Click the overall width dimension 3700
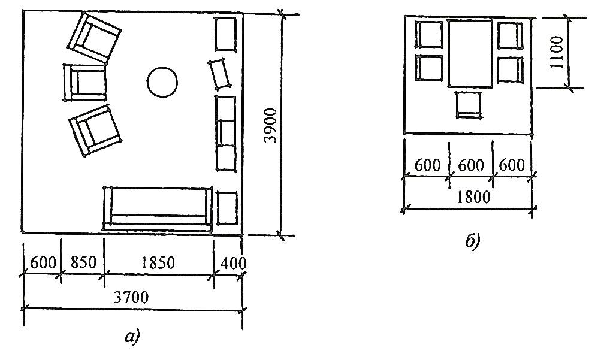pos(131,297)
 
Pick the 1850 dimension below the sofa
pos(158,263)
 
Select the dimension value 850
pos(83,262)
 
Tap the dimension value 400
pos(233,263)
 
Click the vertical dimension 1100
pos(556,52)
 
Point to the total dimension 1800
pos(473,197)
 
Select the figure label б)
pos(473,241)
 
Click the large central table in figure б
pos(470,53)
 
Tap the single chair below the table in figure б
pos(469,104)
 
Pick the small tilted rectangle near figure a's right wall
pos(221,74)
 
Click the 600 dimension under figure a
pos(43,263)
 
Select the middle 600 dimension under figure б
pos(471,165)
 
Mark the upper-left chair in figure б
pos(429,35)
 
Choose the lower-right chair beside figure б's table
pos(510,69)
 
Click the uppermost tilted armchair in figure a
pos(94,38)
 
